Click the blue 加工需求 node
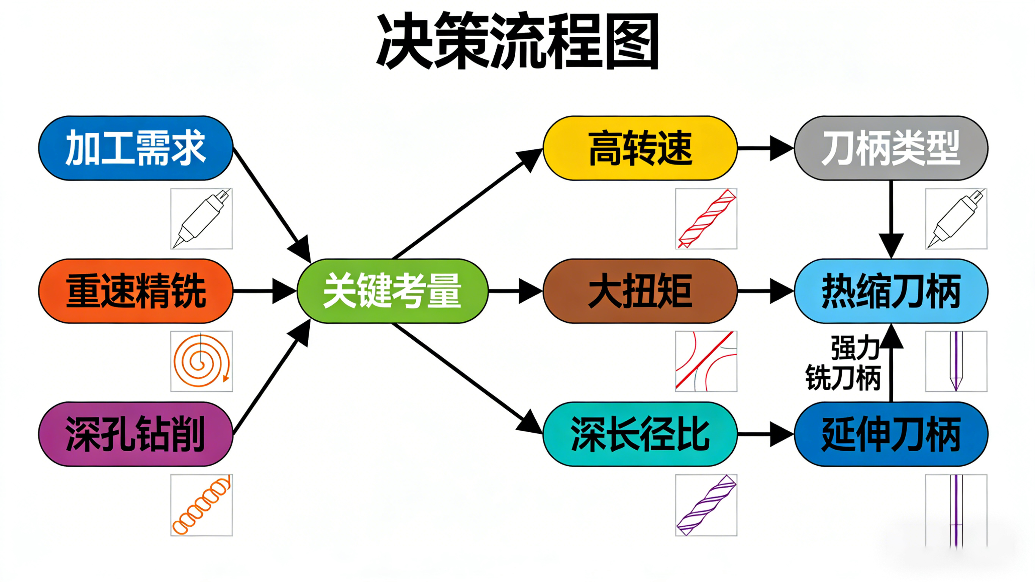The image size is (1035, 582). point(135,148)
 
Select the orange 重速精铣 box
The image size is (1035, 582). point(135,290)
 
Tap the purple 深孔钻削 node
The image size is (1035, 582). point(135,434)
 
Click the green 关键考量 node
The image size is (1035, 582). point(392,290)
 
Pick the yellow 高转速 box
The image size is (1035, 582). point(640,148)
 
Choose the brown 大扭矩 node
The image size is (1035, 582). point(640,290)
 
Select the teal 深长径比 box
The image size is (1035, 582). point(640,434)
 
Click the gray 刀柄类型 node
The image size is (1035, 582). point(891,148)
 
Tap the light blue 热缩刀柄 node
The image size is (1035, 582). point(891,290)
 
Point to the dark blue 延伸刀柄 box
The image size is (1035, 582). point(891,434)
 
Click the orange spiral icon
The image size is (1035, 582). point(201,361)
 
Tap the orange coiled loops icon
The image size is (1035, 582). point(201,505)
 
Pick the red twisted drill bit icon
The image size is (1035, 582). point(706,219)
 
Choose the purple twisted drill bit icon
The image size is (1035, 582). point(706,505)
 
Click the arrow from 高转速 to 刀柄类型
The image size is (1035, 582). point(765,148)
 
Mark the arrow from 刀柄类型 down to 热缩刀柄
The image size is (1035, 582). point(891,219)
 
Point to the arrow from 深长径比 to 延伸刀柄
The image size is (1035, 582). point(765,434)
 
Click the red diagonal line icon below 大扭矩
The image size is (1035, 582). point(706,361)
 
